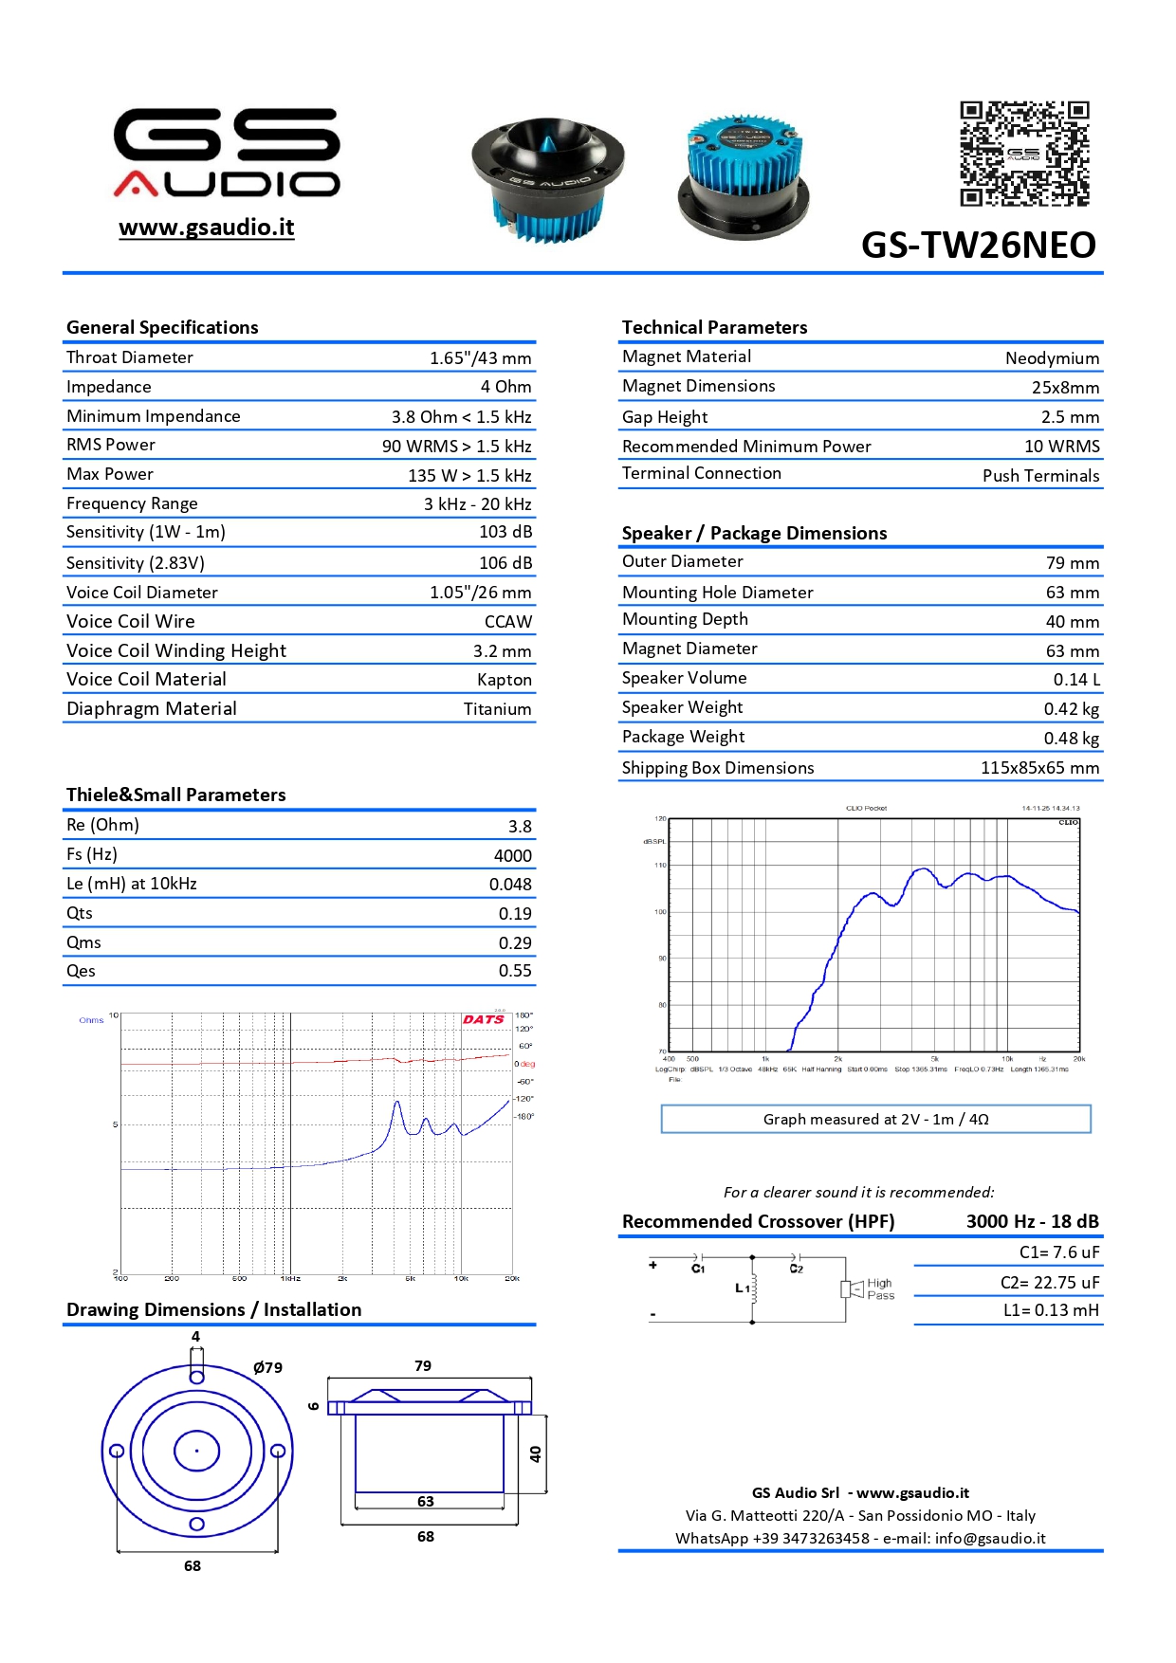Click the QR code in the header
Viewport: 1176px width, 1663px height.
click(x=1024, y=154)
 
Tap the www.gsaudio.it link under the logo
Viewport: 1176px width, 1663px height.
click(x=207, y=228)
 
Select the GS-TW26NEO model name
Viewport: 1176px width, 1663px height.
click(x=978, y=245)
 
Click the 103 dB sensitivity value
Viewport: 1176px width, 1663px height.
click(x=505, y=532)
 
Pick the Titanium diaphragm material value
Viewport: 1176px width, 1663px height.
click(x=497, y=709)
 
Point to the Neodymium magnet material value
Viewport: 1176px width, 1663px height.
click(x=1052, y=358)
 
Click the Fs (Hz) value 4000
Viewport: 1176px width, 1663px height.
click(x=512, y=855)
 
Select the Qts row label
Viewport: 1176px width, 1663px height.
click(x=80, y=913)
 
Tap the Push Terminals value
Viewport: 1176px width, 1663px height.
click(x=1040, y=476)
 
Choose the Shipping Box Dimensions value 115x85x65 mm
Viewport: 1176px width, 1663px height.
click(x=1039, y=768)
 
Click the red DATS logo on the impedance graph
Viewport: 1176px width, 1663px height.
click(x=484, y=1019)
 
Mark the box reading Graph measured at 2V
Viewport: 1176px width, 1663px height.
click(x=875, y=1119)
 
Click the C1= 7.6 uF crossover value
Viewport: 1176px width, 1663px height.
click(x=1058, y=1252)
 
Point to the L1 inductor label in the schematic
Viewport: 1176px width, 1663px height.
click(x=742, y=1288)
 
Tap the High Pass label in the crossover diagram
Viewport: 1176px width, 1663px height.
click(x=880, y=1289)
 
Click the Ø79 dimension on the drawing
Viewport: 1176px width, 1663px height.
click(x=267, y=1367)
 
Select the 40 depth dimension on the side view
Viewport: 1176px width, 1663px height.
click(x=536, y=1453)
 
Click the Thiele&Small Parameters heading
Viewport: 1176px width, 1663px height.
click(x=176, y=795)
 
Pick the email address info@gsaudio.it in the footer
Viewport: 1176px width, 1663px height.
click(x=989, y=1538)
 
